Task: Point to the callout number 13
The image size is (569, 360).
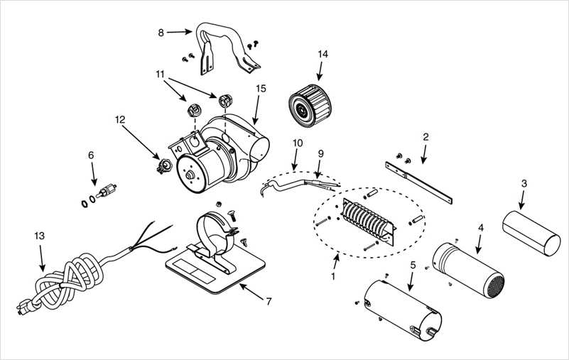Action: tap(40, 234)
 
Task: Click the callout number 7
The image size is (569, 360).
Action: tap(269, 301)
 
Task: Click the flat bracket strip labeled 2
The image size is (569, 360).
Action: tap(419, 181)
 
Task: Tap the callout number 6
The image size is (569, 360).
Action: tap(91, 155)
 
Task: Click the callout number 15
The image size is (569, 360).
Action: tap(261, 88)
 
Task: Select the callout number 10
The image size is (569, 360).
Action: tap(296, 143)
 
